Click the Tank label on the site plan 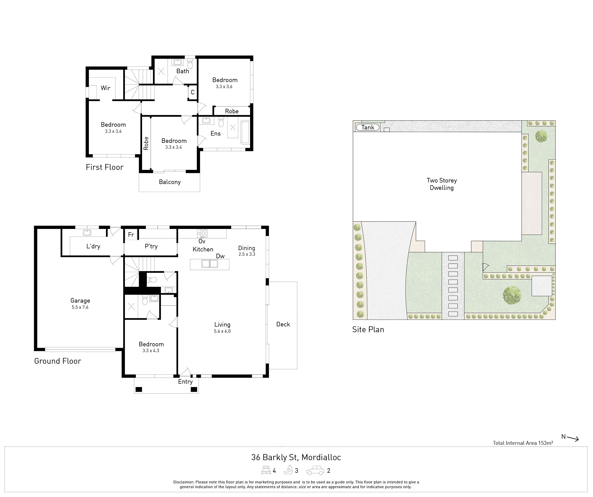[368, 127]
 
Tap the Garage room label [80, 300]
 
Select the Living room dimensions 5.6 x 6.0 [222, 331]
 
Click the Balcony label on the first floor [170, 182]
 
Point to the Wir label [105, 88]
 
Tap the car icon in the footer [315, 470]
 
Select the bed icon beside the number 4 [266, 470]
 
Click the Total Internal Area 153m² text [523, 443]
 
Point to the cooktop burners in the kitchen [202, 233]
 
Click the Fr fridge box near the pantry [131, 234]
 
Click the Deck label [283, 324]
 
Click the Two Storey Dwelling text [442, 184]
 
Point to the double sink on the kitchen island [210, 264]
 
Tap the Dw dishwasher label [220, 256]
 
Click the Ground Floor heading [58, 361]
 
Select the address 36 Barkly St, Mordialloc [296, 457]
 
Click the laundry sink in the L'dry [87, 233]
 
